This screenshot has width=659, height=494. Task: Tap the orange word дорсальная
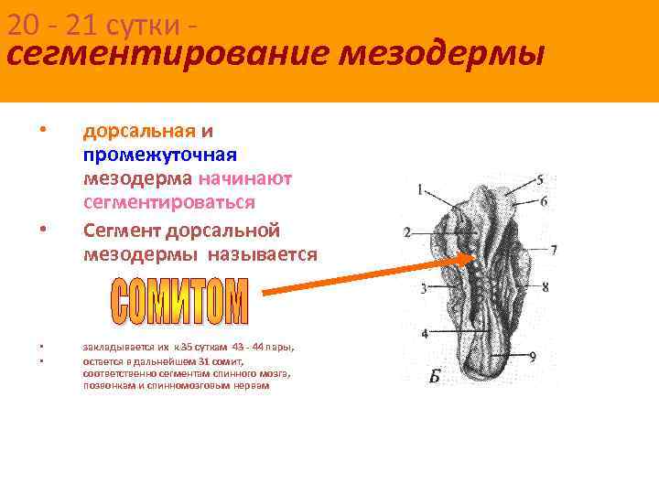coord(139,130)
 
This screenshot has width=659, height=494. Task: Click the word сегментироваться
coord(169,201)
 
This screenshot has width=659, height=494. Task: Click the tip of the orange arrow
coord(476,256)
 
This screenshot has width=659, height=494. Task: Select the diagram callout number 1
coord(419,191)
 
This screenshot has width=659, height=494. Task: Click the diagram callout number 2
coord(406,231)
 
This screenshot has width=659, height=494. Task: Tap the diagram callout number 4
coord(425,333)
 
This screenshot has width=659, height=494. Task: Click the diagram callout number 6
coord(544,200)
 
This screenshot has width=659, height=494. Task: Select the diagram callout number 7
coord(553,249)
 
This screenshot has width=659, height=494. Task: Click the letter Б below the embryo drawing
coord(436,376)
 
